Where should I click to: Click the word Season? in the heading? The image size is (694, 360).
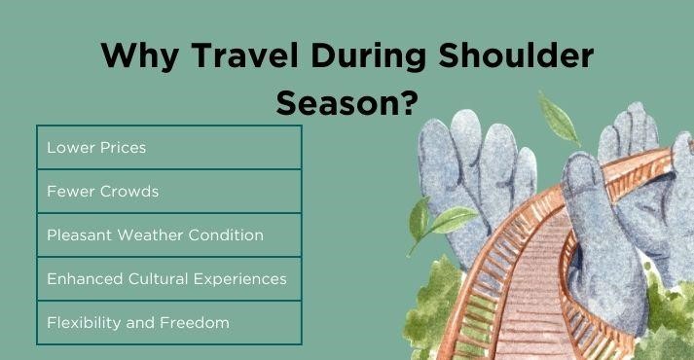(x=340, y=100)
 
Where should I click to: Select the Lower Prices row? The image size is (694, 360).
(x=168, y=147)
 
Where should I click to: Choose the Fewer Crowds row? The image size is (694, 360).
(x=168, y=191)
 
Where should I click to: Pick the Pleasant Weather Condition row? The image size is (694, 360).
(x=168, y=235)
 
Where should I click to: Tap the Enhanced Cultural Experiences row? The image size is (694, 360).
(x=168, y=279)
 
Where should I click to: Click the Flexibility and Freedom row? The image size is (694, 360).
(x=168, y=322)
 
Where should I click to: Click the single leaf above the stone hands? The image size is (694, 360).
(x=560, y=118)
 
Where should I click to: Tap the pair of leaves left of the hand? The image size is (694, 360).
(x=428, y=220)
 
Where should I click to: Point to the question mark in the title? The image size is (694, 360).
(x=395, y=100)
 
